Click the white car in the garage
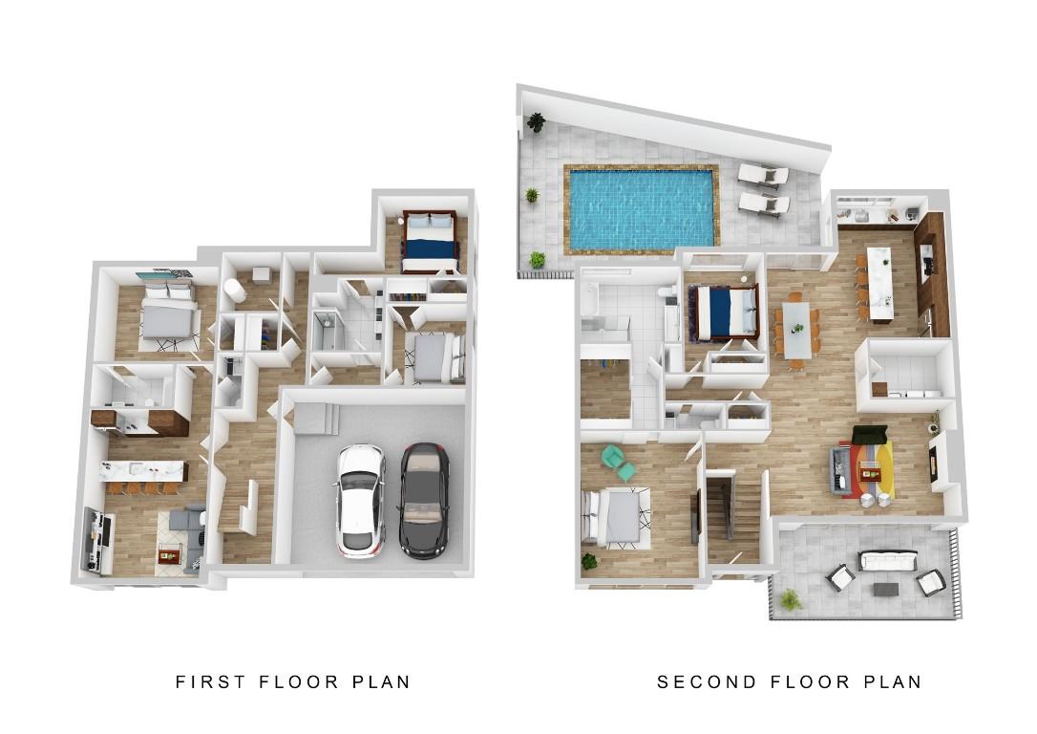[360, 501]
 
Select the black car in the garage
[424, 501]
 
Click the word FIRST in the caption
[210, 681]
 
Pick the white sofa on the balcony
[887, 561]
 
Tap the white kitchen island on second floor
[879, 284]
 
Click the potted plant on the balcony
[790, 600]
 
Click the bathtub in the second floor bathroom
[587, 299]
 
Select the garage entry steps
[316, 420]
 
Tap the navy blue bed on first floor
[430, 242]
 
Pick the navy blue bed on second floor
[723, 312]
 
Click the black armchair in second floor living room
[869, 435]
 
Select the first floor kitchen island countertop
[142, 470]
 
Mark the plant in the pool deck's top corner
[537, 121]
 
